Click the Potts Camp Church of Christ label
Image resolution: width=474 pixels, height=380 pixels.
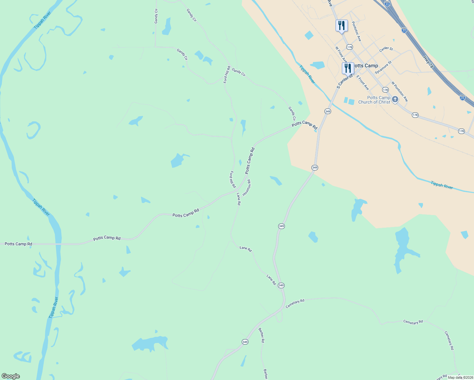pos(374,100)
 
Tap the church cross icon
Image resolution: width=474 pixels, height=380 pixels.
pos(395,99)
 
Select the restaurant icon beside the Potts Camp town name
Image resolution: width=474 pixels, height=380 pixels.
pos(348,68)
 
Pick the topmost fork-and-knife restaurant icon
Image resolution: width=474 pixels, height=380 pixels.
pos(342,26)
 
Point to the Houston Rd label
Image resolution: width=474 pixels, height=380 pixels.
pos(247,187)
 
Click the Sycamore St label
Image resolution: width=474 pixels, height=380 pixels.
pos(383,67)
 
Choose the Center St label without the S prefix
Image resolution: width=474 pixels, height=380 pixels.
pos(386,49)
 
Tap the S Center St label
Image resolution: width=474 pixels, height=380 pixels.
pos(345,81)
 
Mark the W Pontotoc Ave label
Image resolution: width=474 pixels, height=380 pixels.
pos(399,92)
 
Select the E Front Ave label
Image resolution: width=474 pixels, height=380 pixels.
pos(362,82)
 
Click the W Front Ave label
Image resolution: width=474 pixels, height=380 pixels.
pos(341,55)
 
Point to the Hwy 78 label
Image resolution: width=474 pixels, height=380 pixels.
pos(428,62)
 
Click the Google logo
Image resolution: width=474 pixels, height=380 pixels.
pos(11,376)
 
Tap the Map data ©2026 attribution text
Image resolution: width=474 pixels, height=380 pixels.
pos(460,377)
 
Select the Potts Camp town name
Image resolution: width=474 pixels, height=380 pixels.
pos(366,66)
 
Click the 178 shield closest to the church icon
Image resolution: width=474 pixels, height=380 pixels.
pos(385,90)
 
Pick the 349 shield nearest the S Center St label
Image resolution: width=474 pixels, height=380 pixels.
pos(328,111)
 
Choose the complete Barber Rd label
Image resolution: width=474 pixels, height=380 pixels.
pos(261,335)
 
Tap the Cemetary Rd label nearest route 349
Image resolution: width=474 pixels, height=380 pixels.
pos(295,303)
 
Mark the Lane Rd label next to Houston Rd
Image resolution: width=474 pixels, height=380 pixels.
pos(239,199)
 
